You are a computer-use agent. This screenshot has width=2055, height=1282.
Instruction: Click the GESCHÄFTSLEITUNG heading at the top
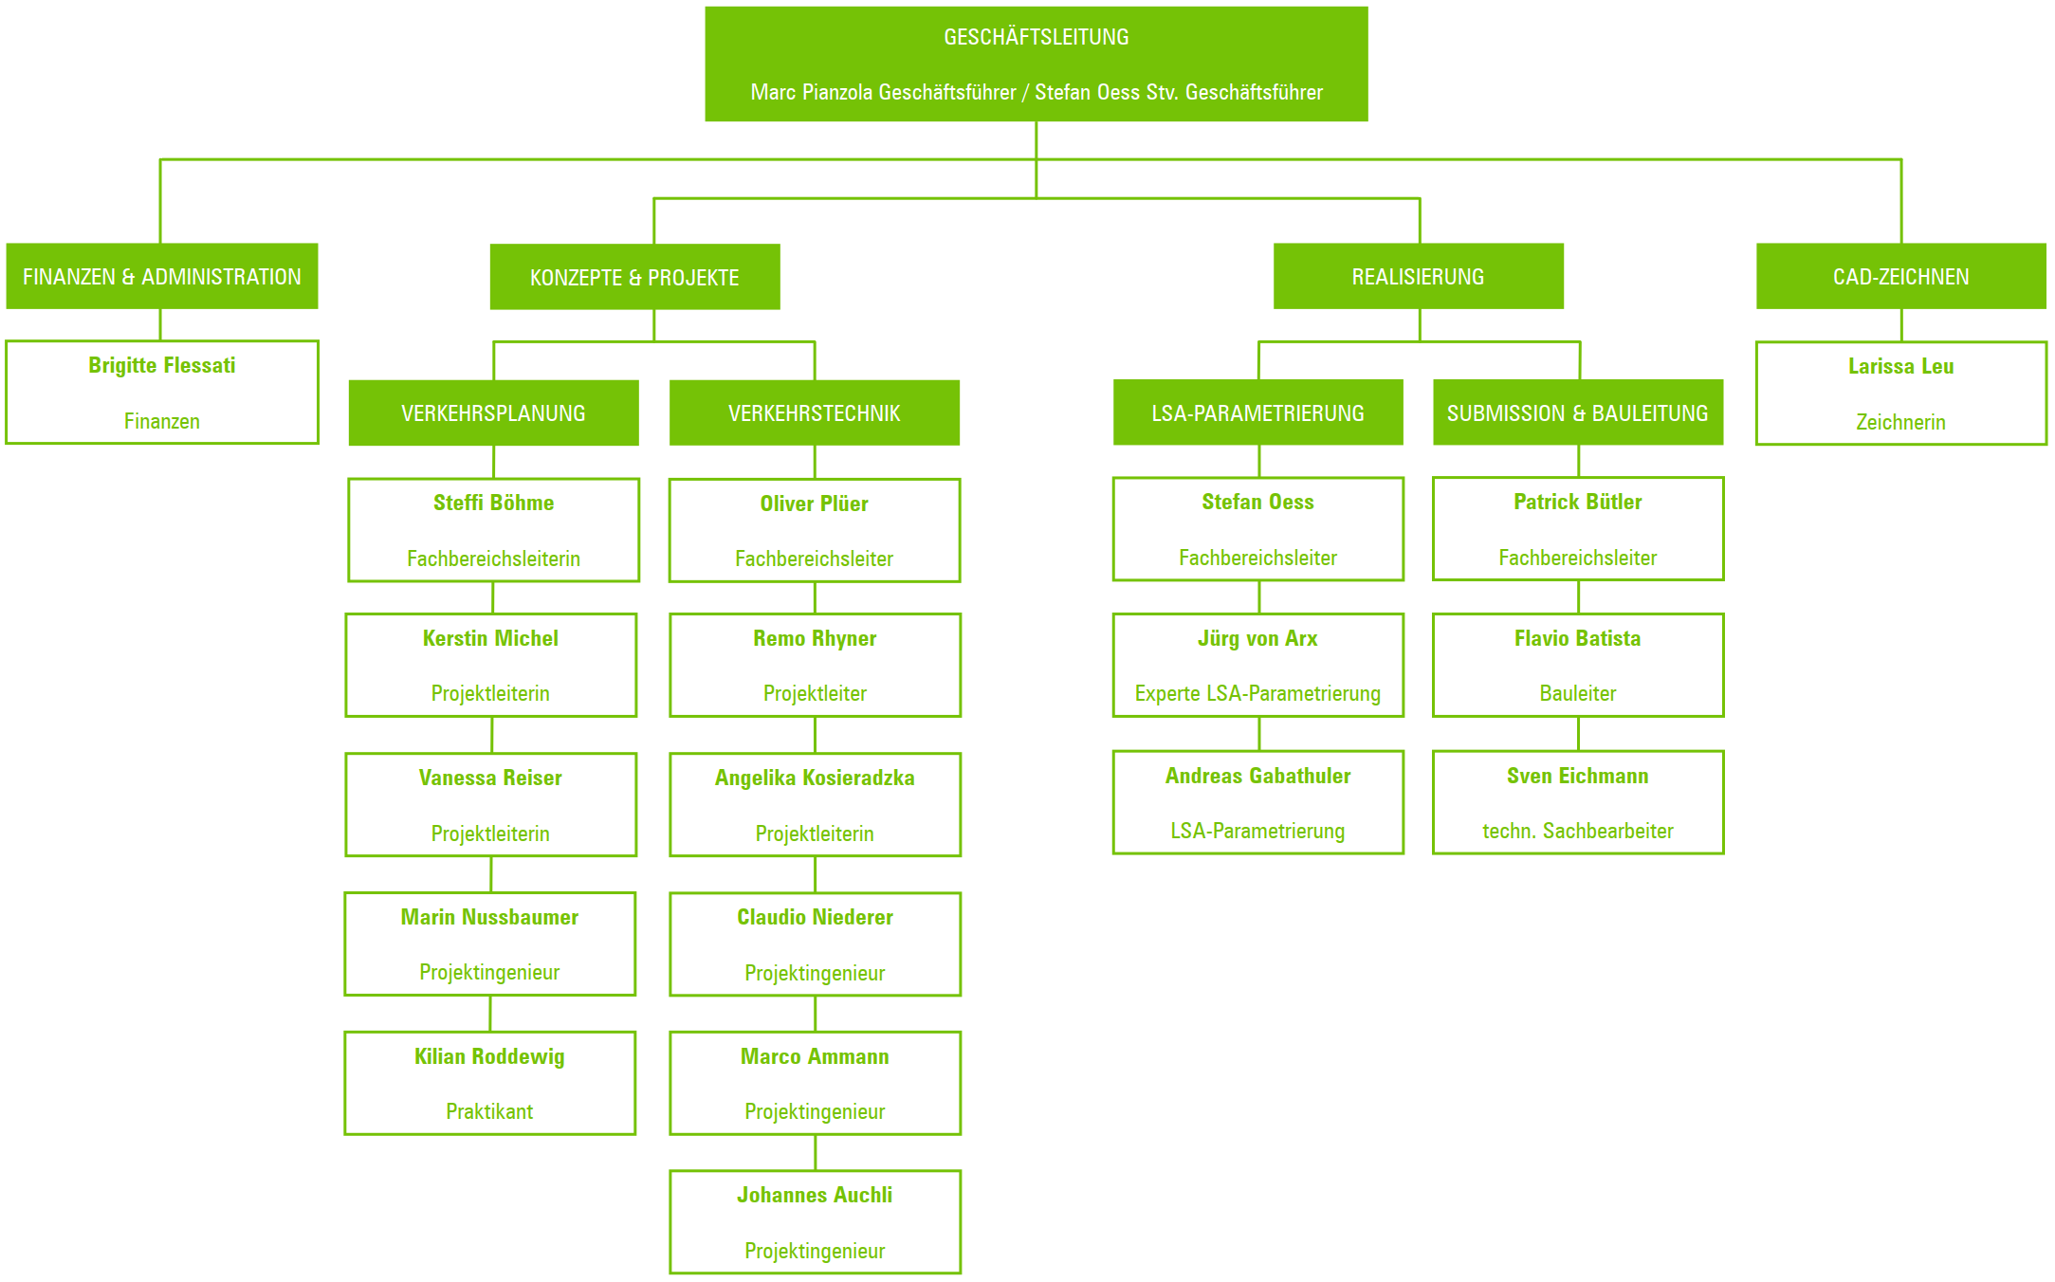pos(1036,37)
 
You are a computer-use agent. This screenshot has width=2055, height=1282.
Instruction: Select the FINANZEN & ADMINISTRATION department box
pos(162,276)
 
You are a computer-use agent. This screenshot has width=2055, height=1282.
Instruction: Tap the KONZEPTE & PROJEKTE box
pos(634,277)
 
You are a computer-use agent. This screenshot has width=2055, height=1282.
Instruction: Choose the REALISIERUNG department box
pos(1418,276)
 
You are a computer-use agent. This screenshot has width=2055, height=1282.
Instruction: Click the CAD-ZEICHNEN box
pos(1900,276)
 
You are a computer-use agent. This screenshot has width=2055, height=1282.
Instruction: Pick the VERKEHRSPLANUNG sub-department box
pos(493,412)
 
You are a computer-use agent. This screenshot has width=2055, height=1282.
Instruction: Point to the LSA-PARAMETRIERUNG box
pos(1257,412)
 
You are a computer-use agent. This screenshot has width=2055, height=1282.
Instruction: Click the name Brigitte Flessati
pos(162,365)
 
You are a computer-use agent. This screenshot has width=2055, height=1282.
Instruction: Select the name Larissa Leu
pos(1900,366)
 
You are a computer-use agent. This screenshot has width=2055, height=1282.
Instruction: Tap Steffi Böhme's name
pos(493,503)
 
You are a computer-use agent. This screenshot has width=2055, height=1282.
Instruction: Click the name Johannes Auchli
pos(815,1195)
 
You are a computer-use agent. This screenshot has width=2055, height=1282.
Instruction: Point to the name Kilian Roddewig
pos(489,1056)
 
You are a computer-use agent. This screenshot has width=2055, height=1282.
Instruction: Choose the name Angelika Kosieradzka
pos(815,778)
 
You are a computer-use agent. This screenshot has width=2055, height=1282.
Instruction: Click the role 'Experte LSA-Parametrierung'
pos(1257,693)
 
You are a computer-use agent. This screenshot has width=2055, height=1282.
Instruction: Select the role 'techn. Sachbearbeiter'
pos(1577,831)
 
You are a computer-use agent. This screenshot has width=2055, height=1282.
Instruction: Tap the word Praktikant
pos(489,1111)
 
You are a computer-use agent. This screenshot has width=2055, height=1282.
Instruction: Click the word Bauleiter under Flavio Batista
pos(1577,693)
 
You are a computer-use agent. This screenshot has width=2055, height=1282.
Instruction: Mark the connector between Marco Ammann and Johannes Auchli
pos(815,1152)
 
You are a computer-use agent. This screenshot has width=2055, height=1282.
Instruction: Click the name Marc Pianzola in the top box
pos(813,92)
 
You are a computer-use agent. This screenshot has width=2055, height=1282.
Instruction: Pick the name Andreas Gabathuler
pos(1257,776)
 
